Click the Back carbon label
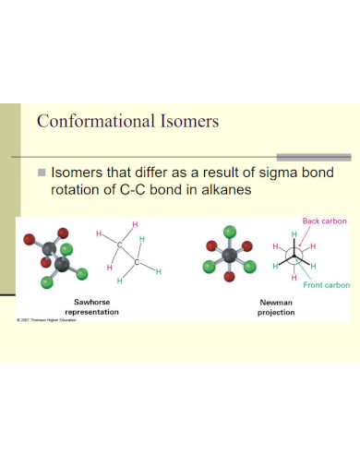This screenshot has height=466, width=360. [x=324, y=221]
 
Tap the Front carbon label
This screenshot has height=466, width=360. [x=327, y=285]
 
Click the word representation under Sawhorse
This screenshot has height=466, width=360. [x=97, y=313]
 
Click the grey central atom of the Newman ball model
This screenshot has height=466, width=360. [x=229, y=255]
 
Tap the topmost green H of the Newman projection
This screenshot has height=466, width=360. [x=294, y=235]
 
